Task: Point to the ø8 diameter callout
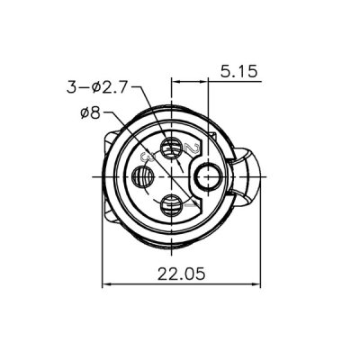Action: [93, 113]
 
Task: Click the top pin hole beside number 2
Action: [171, 146]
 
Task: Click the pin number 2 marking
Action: [192, 148]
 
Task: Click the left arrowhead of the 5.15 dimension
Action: [175, 80]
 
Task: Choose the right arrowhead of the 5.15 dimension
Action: [205, 80]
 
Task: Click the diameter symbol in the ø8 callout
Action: [86, 113]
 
